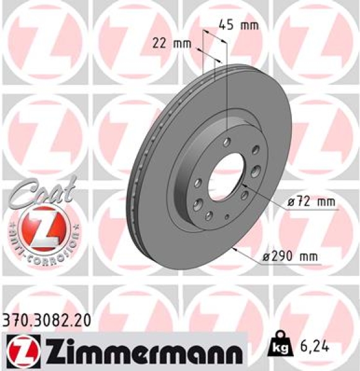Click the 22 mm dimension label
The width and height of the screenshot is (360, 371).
172,43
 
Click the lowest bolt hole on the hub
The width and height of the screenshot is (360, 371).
208,215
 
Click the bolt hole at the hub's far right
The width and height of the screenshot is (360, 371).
254,170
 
